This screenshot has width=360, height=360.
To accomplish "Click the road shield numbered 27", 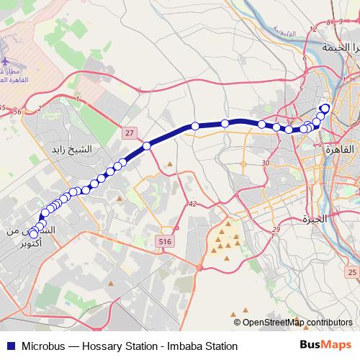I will (129, 133).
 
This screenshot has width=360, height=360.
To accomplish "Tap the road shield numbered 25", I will (351, 271).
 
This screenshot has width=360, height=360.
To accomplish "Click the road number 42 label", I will (192, 204).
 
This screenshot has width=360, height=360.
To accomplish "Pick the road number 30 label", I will (266, 163).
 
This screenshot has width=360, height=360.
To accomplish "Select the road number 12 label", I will (312, 30).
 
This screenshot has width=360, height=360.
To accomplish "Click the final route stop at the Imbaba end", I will (325, 109).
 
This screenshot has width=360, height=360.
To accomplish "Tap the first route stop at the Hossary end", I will (33, 233).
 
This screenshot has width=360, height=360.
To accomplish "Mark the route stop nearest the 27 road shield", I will (147, 145).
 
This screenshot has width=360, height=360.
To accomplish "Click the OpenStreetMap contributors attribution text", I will (297, 323).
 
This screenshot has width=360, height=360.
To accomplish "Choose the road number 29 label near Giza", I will (276, 230).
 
